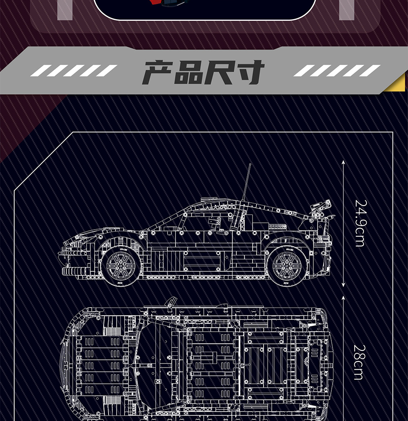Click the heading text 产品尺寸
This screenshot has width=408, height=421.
[x=203, y=72]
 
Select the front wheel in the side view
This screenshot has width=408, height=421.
[x=121, y=265]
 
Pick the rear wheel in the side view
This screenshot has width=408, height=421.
[x=286, y=265]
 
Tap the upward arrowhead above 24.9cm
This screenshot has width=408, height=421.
[x=344, y=162]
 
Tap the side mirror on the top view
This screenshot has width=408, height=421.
[x=171, y=302]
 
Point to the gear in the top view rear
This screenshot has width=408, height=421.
[x=307, y=362]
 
